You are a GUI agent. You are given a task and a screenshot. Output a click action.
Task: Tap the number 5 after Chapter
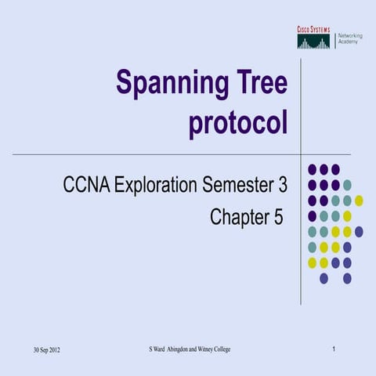(x=278, y=217)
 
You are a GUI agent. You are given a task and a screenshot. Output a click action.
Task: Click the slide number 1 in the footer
(x=334, y=348)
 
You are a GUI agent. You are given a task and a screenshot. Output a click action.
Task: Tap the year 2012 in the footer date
(x=53, y=349)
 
